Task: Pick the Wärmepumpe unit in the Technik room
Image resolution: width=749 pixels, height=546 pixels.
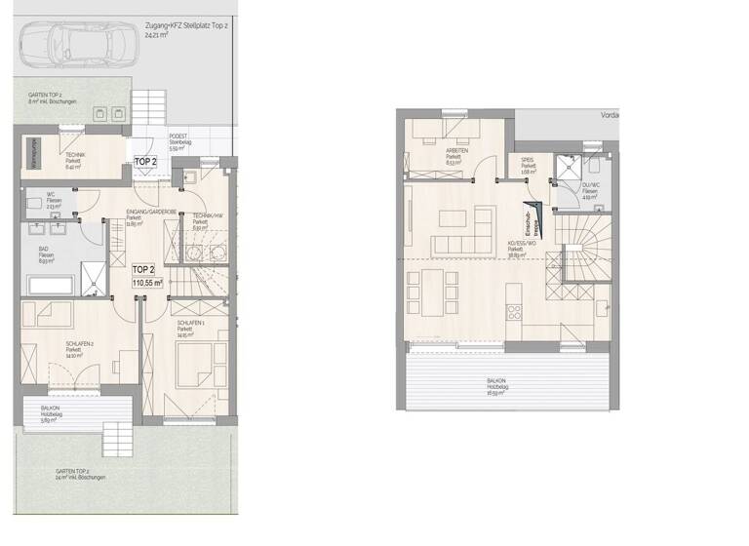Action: pos(33,153)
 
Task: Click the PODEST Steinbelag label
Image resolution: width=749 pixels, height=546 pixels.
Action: pos(181,141)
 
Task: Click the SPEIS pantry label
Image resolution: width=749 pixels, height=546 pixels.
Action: pos(527,165)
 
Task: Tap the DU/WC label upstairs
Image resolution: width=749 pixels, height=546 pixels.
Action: pos(590,187)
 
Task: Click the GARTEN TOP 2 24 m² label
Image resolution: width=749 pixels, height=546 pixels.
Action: pos(80,474)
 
